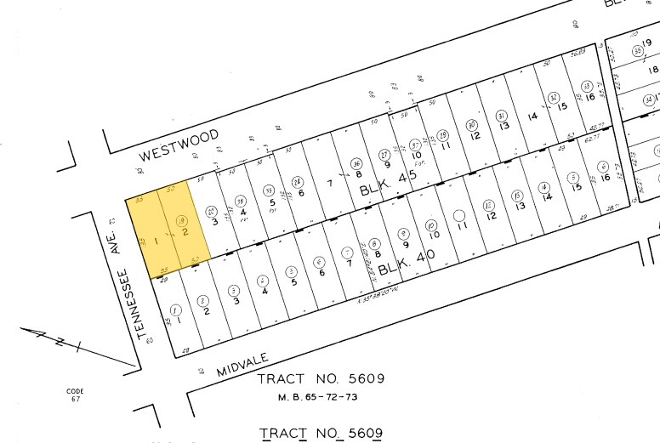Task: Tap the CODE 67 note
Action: pos(76,395)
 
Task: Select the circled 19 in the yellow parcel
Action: pos(181,222)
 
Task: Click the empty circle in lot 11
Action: pos(460,215)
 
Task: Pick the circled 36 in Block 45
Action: pos(358,164)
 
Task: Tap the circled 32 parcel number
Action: pos(554,98)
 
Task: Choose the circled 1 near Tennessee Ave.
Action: pos(176,310)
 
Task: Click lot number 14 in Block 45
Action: pos(532,116)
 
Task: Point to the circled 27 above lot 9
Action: pos(384,154)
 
